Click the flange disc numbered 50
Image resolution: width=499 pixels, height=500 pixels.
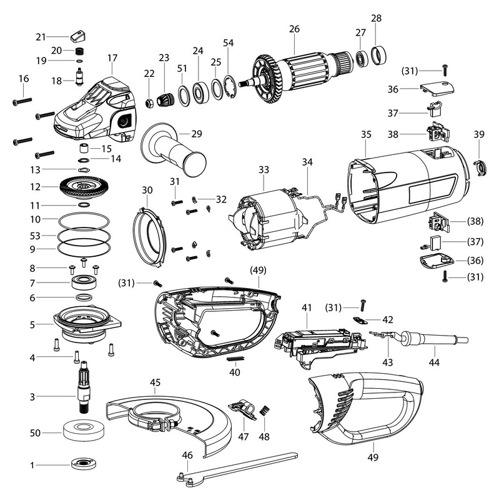pyautogui.click(x=82, y=432)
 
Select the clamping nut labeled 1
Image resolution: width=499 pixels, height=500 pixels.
pyautogui.click(x=82, y=464)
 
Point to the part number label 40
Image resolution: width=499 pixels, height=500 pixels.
pyautogui.click(x=235, y=371)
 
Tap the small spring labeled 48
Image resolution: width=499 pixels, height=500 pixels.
pyautogui.click(x=264, y=411)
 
